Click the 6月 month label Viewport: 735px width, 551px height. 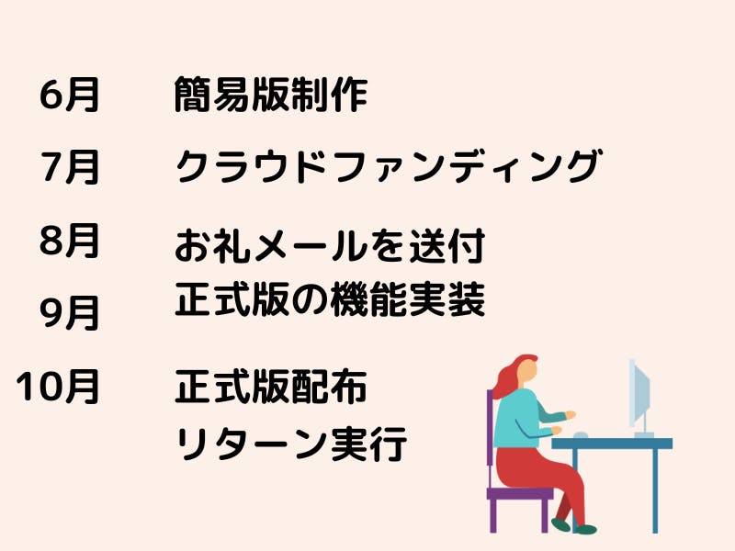pos(70,96)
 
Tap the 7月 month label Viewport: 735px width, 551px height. pos(71,167)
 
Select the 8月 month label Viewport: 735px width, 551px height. pos(70,241)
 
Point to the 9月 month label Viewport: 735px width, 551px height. pos(70,313)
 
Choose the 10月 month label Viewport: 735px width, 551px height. pos(58,387)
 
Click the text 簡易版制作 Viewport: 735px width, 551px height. pos(270,95)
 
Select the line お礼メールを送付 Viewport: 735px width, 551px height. pos(330,245)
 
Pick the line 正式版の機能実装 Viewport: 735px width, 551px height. pos(330,299)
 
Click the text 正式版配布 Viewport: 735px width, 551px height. pos(270,387)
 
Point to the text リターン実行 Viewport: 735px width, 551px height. pos(291,443)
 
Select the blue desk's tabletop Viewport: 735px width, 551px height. pos(612,444)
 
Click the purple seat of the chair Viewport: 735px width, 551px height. pos(520,493)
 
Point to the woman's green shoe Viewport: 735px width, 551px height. pos(585,530)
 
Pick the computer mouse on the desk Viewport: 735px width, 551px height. pos(581,435)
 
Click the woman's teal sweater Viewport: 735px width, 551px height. pos(523,419)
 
